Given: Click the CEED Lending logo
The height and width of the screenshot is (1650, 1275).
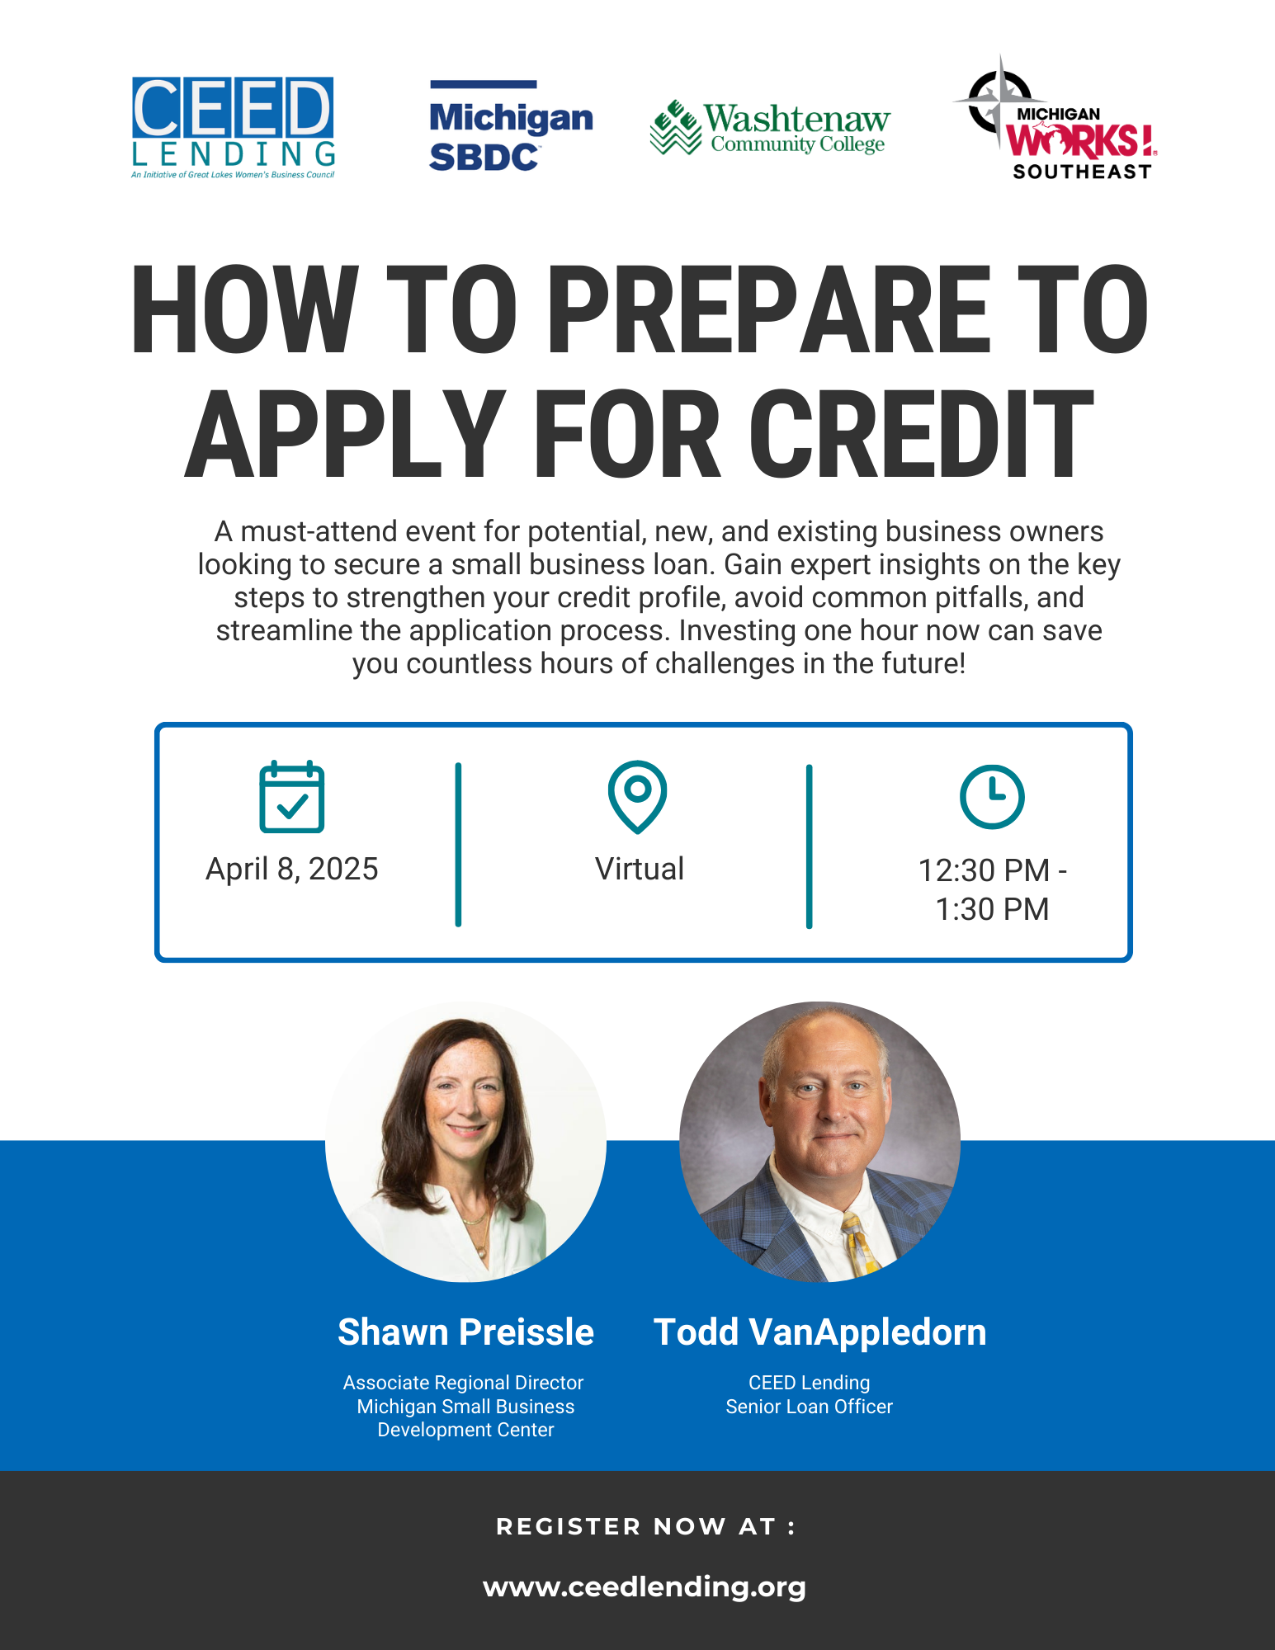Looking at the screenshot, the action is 234,127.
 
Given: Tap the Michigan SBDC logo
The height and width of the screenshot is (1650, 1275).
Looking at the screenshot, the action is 511,126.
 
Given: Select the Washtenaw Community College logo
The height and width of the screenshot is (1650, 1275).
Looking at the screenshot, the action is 770,128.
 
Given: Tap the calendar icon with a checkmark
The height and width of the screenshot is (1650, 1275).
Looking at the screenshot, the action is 291,797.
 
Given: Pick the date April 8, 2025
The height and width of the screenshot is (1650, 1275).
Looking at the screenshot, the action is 291,869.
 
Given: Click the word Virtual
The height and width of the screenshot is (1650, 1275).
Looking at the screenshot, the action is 640,869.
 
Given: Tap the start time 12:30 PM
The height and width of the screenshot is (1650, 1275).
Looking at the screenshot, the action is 984,870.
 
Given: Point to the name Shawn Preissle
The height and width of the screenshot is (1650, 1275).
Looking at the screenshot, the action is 465,1332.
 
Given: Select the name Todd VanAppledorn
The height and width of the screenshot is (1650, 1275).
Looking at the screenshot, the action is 819,1332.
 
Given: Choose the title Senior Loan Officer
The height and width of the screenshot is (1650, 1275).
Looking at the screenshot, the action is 809,1407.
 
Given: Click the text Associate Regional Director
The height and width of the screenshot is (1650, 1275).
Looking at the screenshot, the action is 463,1383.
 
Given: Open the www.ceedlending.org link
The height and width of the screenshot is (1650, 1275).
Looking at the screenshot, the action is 644,1586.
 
